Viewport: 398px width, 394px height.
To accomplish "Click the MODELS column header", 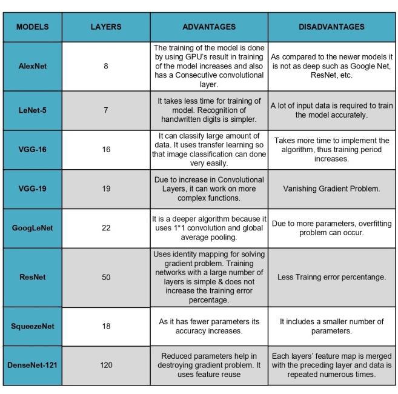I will (x=33, y=27).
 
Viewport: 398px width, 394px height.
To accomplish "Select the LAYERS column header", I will (x=106, y=27).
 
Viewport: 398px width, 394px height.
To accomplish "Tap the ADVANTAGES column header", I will (x=209, y=27).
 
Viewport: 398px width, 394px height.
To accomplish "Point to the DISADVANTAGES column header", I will (x=331, y=27).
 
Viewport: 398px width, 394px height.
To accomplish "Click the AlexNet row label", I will (x=33, y=65).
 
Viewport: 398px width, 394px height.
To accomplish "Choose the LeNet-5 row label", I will (x=33, y=110).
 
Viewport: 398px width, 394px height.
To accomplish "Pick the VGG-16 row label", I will (x=33, y=149).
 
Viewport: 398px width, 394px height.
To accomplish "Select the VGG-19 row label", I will (x=33, y=189).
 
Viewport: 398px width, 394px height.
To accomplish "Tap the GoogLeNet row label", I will (x=33, y=228).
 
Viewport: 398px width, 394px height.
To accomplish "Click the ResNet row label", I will (x=33, y=277).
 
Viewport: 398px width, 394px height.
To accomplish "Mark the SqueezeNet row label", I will (x=33, y=326).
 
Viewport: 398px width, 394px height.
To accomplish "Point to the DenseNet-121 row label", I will (x=33, y=365).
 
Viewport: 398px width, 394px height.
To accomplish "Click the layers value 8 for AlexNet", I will (x=106, y=65).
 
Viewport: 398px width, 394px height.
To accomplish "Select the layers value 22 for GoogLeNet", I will (x=106, y=228).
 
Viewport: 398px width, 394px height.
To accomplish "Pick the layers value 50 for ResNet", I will (x=106, y=277).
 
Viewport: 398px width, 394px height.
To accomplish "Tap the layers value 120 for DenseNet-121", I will (x=106, y=365).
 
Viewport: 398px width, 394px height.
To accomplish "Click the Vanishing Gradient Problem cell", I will (x=331, y=189).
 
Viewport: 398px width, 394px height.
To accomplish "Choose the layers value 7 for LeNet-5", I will (x=106, y=110).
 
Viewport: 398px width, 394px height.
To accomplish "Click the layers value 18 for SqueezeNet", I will (x=106, y=326).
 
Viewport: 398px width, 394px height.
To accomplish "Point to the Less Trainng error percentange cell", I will (x=331, y=277).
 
